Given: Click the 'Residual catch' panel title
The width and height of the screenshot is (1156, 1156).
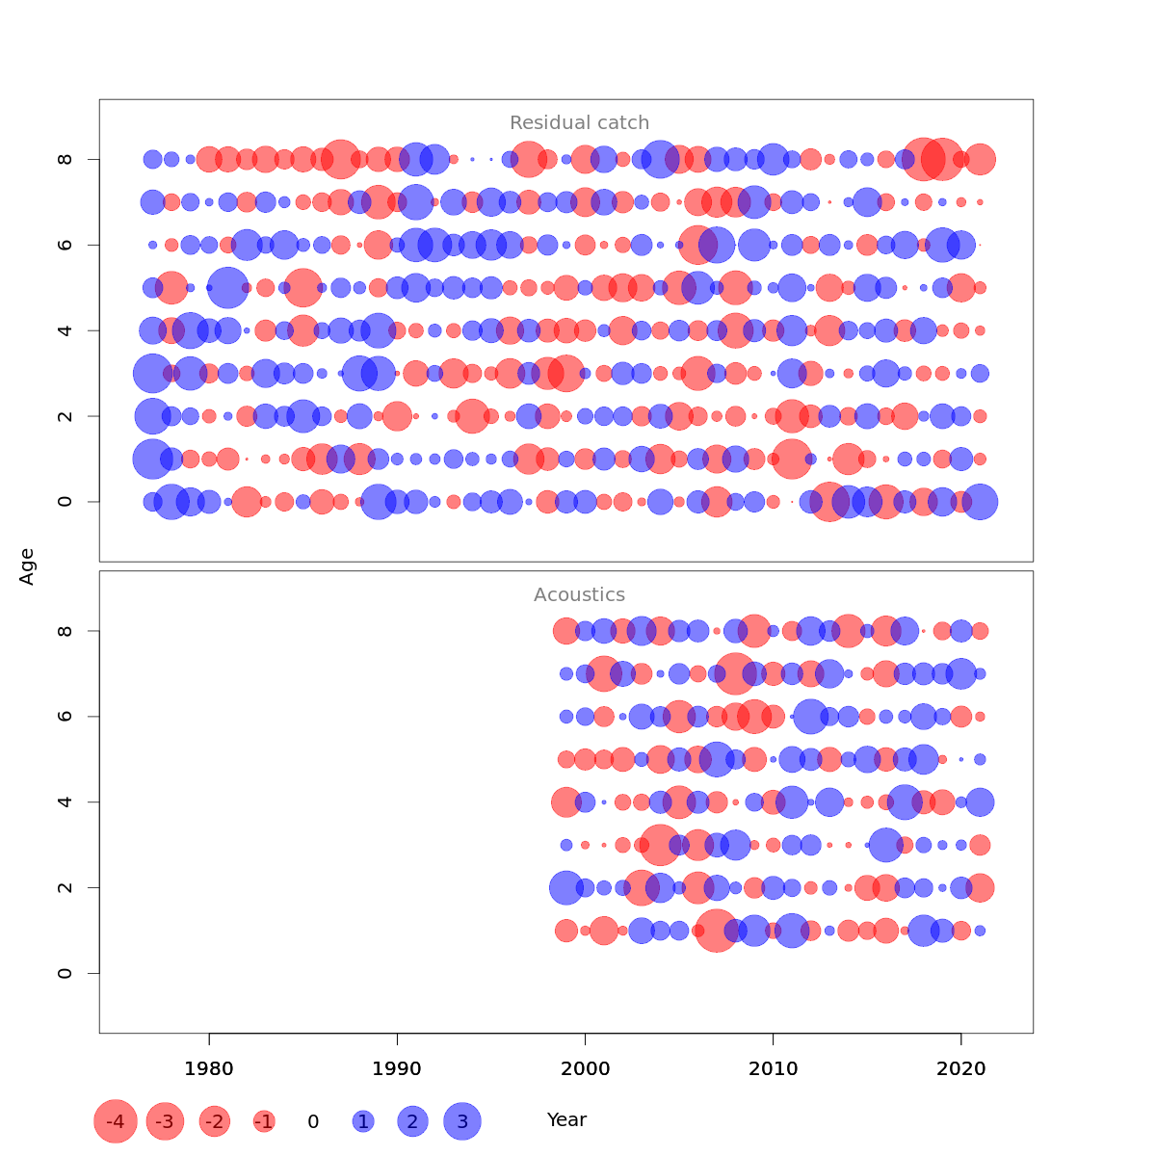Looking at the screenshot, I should pos(579,123).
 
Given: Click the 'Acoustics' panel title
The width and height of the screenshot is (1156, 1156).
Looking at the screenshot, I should pos(579,595).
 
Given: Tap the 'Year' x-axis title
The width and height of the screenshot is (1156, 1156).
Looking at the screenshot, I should pos(566,1120).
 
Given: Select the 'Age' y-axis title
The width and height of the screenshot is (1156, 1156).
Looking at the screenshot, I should pos(28,566).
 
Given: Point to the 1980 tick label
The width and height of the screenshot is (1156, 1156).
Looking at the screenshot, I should pos(209,1068).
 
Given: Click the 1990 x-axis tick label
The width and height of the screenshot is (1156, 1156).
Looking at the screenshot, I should pos(397,1068).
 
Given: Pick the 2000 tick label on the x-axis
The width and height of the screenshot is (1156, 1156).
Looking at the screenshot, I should pos(585,1068).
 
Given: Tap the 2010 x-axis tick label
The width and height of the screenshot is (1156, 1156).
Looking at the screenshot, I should pos(773,1068).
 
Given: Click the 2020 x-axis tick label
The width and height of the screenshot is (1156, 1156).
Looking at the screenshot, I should pos(960,1068).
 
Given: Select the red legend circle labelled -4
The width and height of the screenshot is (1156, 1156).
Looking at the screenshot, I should pos(116,1121).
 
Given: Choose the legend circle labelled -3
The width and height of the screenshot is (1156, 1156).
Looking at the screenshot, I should pos(166,1121).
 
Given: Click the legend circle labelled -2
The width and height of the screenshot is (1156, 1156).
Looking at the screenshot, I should pos(215,1121).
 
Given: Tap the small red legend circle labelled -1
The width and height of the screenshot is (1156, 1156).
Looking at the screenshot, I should pos(264,1121).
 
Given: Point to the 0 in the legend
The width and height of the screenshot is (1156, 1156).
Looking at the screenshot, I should pos(313,1121).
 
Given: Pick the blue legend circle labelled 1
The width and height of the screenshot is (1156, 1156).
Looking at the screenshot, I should pos(363,1121).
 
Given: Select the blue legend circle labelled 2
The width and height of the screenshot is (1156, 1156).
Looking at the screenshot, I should pos(412,1121).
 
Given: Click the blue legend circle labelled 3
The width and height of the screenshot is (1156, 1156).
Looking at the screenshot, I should pos(462,1121).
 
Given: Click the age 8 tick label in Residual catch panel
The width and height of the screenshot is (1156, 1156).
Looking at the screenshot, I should pos(66,159).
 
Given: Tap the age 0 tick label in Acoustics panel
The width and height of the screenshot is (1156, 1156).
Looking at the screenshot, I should pos(66,973).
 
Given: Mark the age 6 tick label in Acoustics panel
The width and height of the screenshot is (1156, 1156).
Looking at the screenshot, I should pos(66,717).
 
